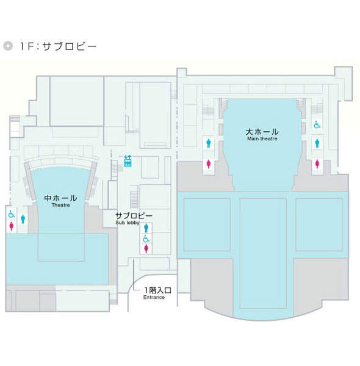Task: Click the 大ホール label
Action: pyautogui.click(x=262, y=132)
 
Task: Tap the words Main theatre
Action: pyautogui.click(x=262, y=138)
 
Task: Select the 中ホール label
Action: pyautogui.click(x=60, y=198)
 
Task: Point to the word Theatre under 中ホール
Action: pyautogui.click(x=60, y=205)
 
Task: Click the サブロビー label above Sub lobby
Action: pyautogui.click(x=134, y=215)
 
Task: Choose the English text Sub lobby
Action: pyautogui.click(x=128, y=223)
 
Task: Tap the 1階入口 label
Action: pyautogui.click(x=158, y=290)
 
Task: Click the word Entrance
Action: pyautogui.click(x=154, y=298)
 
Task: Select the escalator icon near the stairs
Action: pyautogui.click(x=128, y=160)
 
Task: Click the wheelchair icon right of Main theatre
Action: pyautogui.click(x=317, y=124)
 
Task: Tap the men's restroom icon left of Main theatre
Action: pyautogui.click(x=209, y=143)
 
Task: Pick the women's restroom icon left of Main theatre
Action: pyautogui.click(x=209, y=163)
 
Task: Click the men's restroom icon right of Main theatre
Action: pyautogui.click(x=317, y=143)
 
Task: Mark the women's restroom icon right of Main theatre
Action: pyautogui.click(x=317, y=163)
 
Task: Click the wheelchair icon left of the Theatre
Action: pyautogui.click(x=11, y=214)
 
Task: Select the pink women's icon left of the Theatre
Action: pyautogui.click(x=11, y=226)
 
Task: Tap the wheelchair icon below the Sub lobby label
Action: pyautogui.click(x=146, y=239)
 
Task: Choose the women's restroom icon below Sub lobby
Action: pyautogui.click(x=146, y=249)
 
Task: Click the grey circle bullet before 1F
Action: pyautogui.click(x=8, y=46)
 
